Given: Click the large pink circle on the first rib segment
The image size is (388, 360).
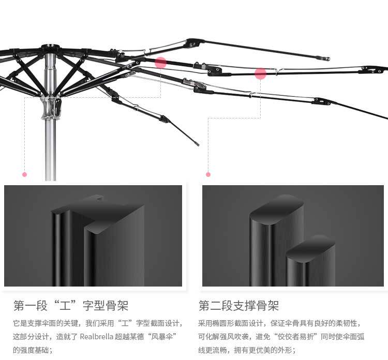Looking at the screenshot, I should (x=161, y=63).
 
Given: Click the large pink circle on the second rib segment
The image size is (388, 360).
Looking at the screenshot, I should (x=260, y=74).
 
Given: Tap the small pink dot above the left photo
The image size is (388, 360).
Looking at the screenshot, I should (x=24, y=174).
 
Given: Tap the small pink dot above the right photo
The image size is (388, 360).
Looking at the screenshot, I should (x=208, y=174).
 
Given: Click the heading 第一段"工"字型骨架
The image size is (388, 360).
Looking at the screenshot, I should (x=71, y=305).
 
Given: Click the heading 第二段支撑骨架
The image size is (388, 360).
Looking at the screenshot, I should (x=238, y=305).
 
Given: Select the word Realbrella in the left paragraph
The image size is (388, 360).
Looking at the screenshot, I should (x=97, y=336).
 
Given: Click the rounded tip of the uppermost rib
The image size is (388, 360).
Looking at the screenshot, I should (x=326, y=58).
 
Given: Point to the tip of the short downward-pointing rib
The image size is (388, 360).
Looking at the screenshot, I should (x=197, y=143).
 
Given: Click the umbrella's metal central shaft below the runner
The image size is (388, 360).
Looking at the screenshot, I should (x=50, y=150).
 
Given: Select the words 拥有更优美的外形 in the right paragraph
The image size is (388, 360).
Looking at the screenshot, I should (x=264, y=350).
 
